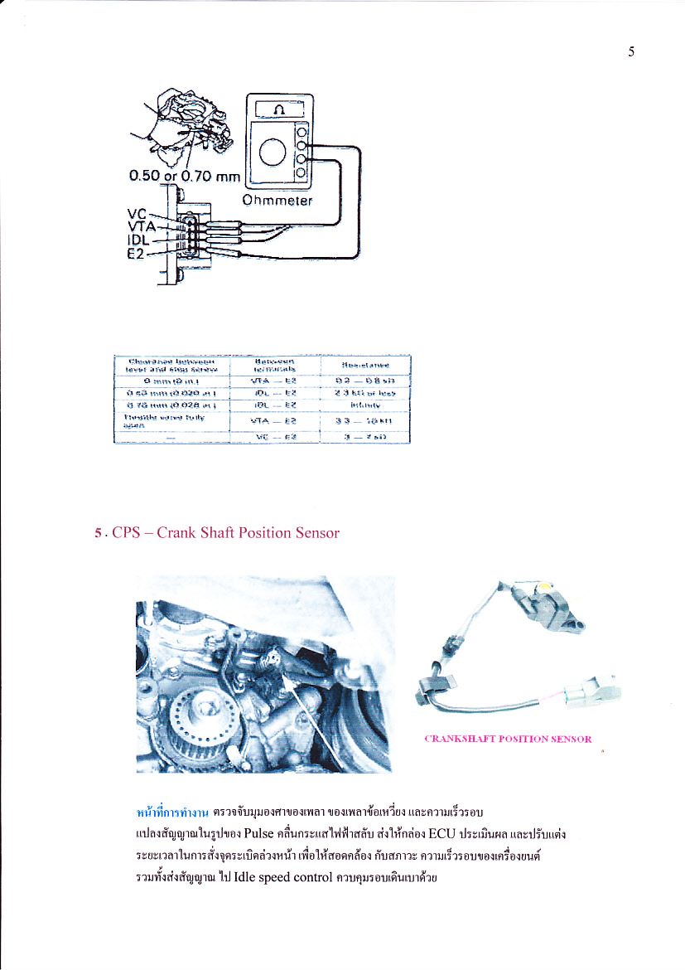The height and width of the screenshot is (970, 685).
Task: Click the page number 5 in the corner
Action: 631,52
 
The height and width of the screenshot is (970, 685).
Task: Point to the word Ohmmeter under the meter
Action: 277,201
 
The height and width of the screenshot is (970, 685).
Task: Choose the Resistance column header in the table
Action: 364,365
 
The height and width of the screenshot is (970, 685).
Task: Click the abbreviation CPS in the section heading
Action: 126,533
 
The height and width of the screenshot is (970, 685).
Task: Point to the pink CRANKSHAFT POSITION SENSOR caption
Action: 508,739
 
